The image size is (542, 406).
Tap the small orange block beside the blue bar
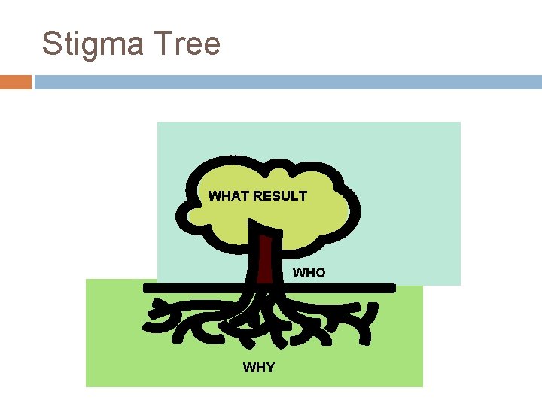pos(15,82)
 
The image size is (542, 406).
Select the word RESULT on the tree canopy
pos(280,196)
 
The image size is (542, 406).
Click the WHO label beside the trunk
pos(309,273)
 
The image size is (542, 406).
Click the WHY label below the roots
pos(258,368)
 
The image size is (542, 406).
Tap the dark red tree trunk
pos(264,259)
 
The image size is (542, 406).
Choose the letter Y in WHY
pos(269,368)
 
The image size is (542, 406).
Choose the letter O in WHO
pos(320,273)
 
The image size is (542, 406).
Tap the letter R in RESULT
pos(258,196)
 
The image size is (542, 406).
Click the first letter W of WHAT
pos(215,196)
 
